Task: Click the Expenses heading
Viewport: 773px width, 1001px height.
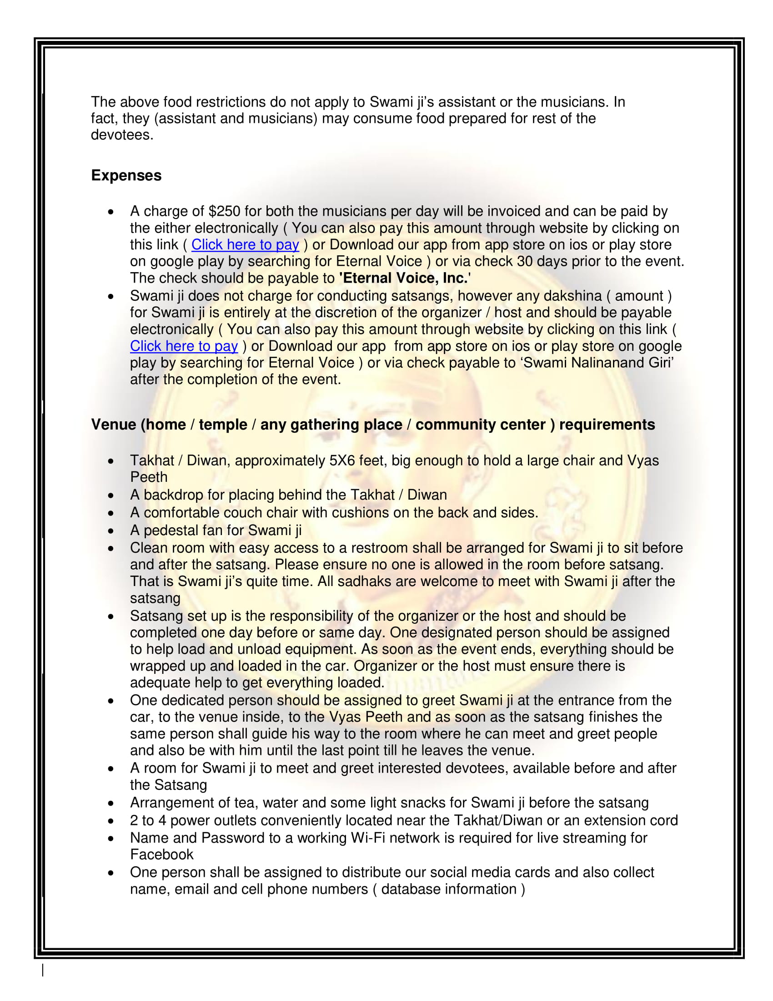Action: pyautogui.click(x=126, y=176)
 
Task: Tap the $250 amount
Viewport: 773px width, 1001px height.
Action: pyautogui.click(x=224, y=211)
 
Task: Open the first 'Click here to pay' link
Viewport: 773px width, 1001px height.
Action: pyautogui.click(x=245, y=245)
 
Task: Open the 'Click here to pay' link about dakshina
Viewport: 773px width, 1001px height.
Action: pyautogui.click(x=184, y=346)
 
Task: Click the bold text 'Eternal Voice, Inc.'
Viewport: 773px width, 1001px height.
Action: pyautogui.click(x=403, y=278)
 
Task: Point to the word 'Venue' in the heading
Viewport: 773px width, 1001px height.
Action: pyautogui.click(x=114, y=425)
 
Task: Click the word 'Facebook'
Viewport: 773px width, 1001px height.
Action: pyautogui.click(x=162, y=855)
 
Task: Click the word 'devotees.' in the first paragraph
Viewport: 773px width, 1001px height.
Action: pyautogui.click(x=122, y=135)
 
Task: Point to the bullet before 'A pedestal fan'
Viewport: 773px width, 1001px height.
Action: pyautogui.click(x=111, y=531)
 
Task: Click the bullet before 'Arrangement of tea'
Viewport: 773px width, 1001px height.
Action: pyautogui.click(x=111, y=804)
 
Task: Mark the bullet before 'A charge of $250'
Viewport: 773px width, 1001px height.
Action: pyautogui.click(x=111, y=212)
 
